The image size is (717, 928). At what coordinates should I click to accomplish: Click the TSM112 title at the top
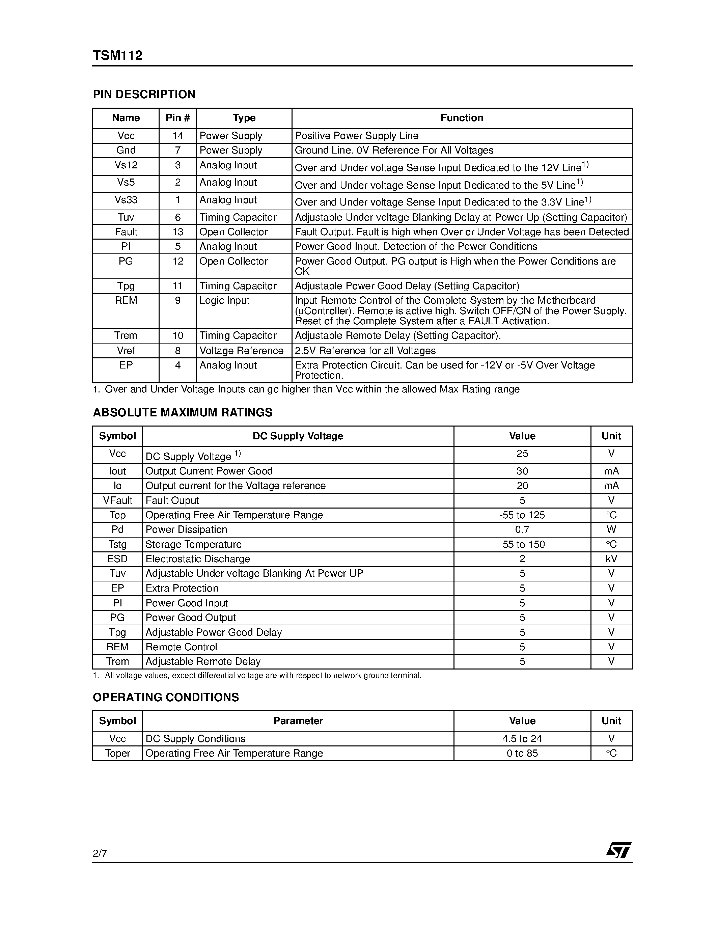point(118,56)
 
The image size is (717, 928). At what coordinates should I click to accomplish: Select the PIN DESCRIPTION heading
point(144,94)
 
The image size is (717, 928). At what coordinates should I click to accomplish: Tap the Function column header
point(462,118)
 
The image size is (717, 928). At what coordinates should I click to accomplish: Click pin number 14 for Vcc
point(177,136)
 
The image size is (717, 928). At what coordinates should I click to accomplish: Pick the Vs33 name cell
point(126,200)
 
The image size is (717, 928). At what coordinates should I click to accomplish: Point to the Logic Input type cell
point(225,300)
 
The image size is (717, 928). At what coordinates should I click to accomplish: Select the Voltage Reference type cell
point(241,351)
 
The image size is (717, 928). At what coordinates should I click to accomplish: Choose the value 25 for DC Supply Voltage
point(522,454)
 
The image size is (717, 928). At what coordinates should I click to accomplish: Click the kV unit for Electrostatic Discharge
point(611,559)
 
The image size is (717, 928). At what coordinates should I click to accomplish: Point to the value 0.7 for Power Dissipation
point(522,529)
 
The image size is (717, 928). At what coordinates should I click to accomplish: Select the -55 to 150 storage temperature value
point(522,544)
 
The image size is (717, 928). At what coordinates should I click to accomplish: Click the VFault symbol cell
point(118,500)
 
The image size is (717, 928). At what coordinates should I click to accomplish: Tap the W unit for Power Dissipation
point(611,529)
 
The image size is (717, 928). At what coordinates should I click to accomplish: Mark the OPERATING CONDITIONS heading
point(166,697)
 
